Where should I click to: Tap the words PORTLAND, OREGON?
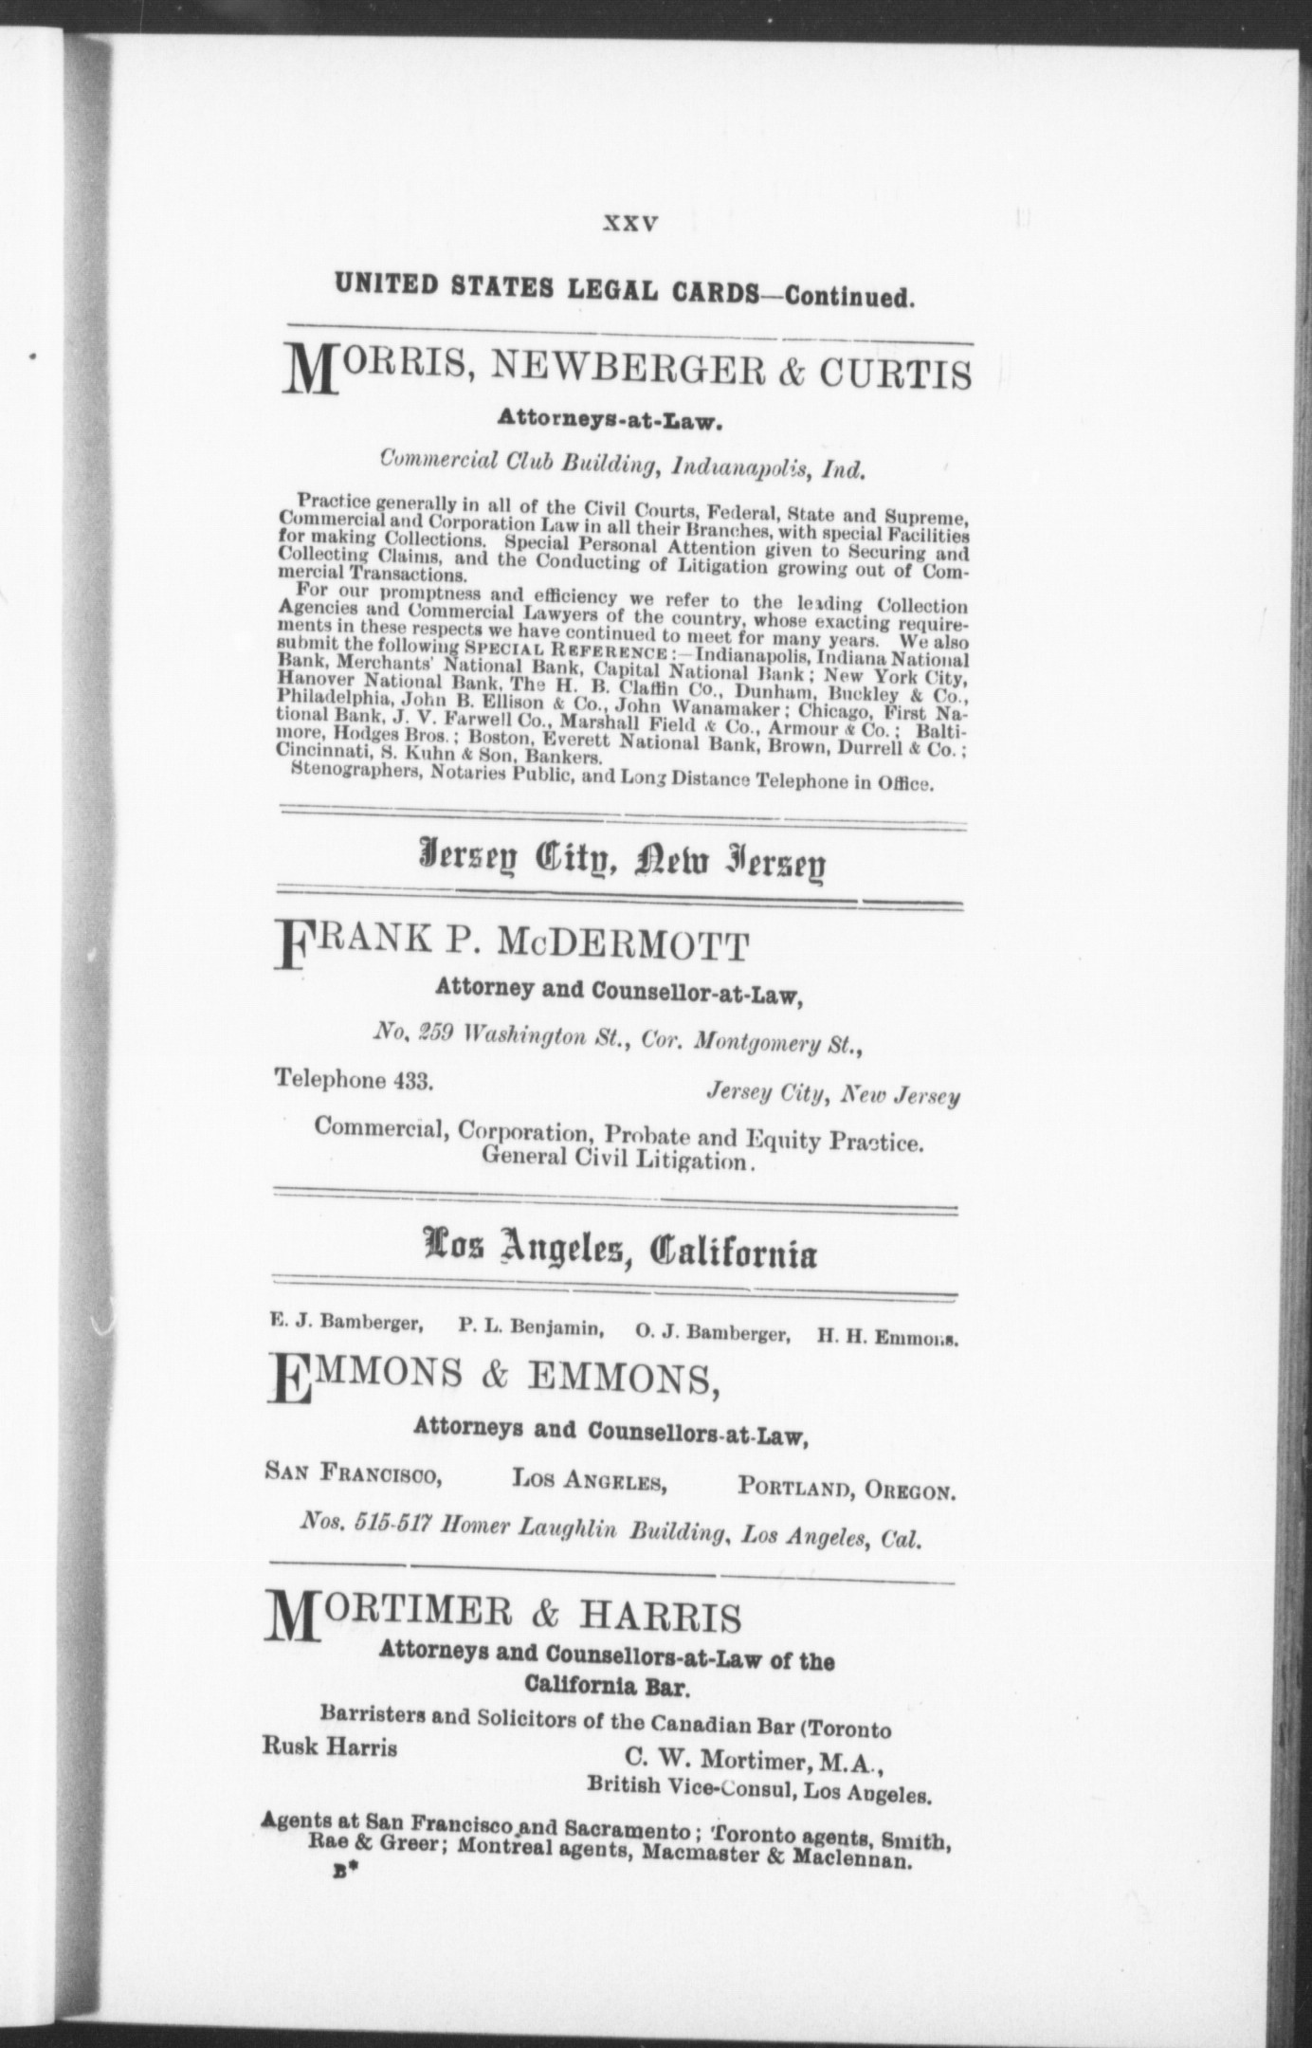tap(846, 1490)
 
